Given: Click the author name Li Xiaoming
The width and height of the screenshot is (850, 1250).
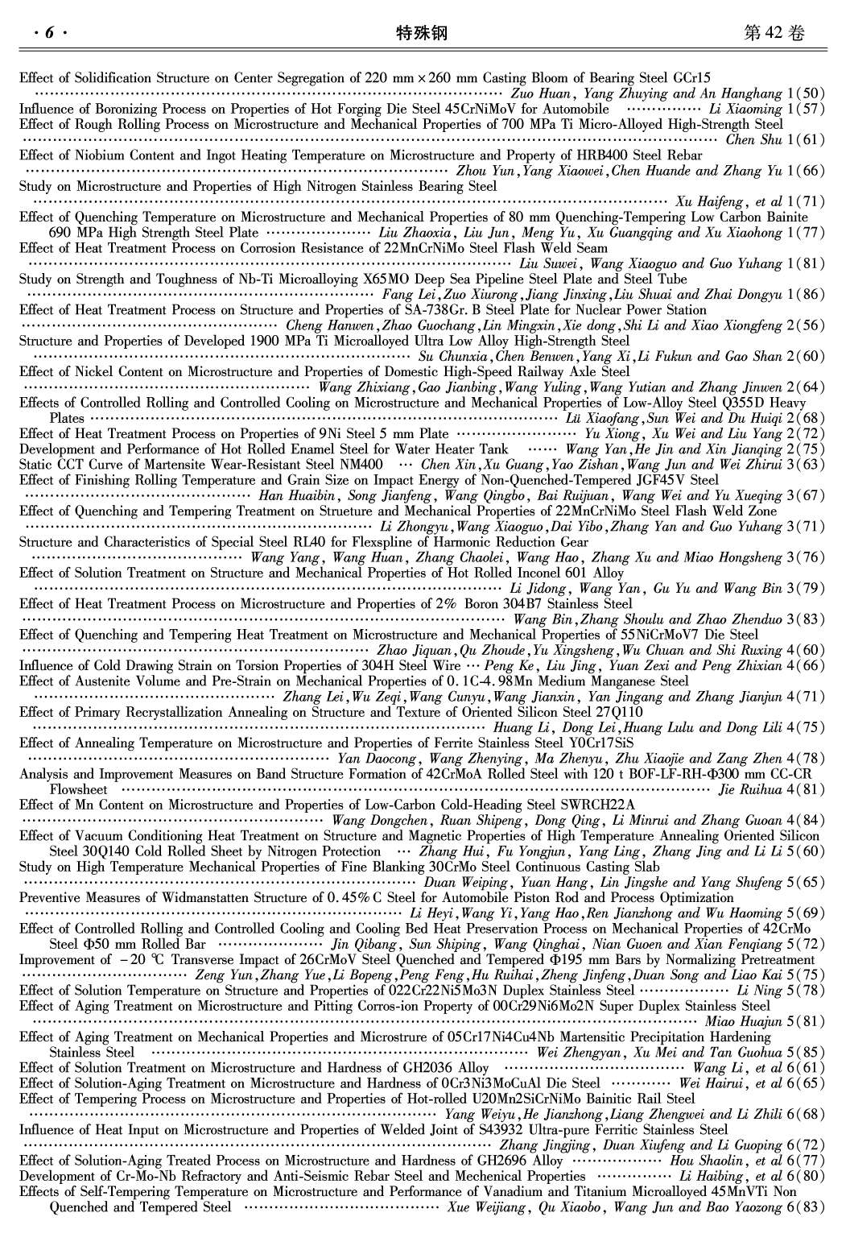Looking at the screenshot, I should tap(745, 110).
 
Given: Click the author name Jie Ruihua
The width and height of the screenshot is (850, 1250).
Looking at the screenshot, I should tap(749, 790).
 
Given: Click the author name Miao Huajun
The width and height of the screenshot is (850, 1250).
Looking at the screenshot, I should tap(743, 1022).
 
